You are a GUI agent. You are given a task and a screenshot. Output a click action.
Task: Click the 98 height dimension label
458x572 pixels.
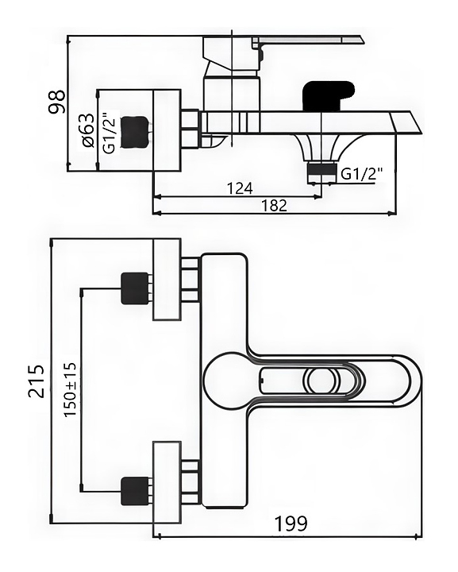[x=58, y=102]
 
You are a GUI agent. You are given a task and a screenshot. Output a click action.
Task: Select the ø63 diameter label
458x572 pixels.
[x=88, y=130]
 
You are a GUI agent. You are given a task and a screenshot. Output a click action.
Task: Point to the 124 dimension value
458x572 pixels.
[x=240, y=188]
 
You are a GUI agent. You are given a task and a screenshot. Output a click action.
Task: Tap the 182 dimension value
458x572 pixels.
[x=274, y=206]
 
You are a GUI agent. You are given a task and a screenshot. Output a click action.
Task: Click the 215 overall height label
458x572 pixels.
[x=37, y=381]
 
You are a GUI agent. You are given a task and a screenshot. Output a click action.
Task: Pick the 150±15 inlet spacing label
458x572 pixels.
[x=70, y=389]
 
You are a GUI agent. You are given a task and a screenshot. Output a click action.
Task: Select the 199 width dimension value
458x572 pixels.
[x=291, y=524]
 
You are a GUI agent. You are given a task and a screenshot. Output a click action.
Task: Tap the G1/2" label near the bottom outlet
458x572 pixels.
[x=362, y=173]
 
